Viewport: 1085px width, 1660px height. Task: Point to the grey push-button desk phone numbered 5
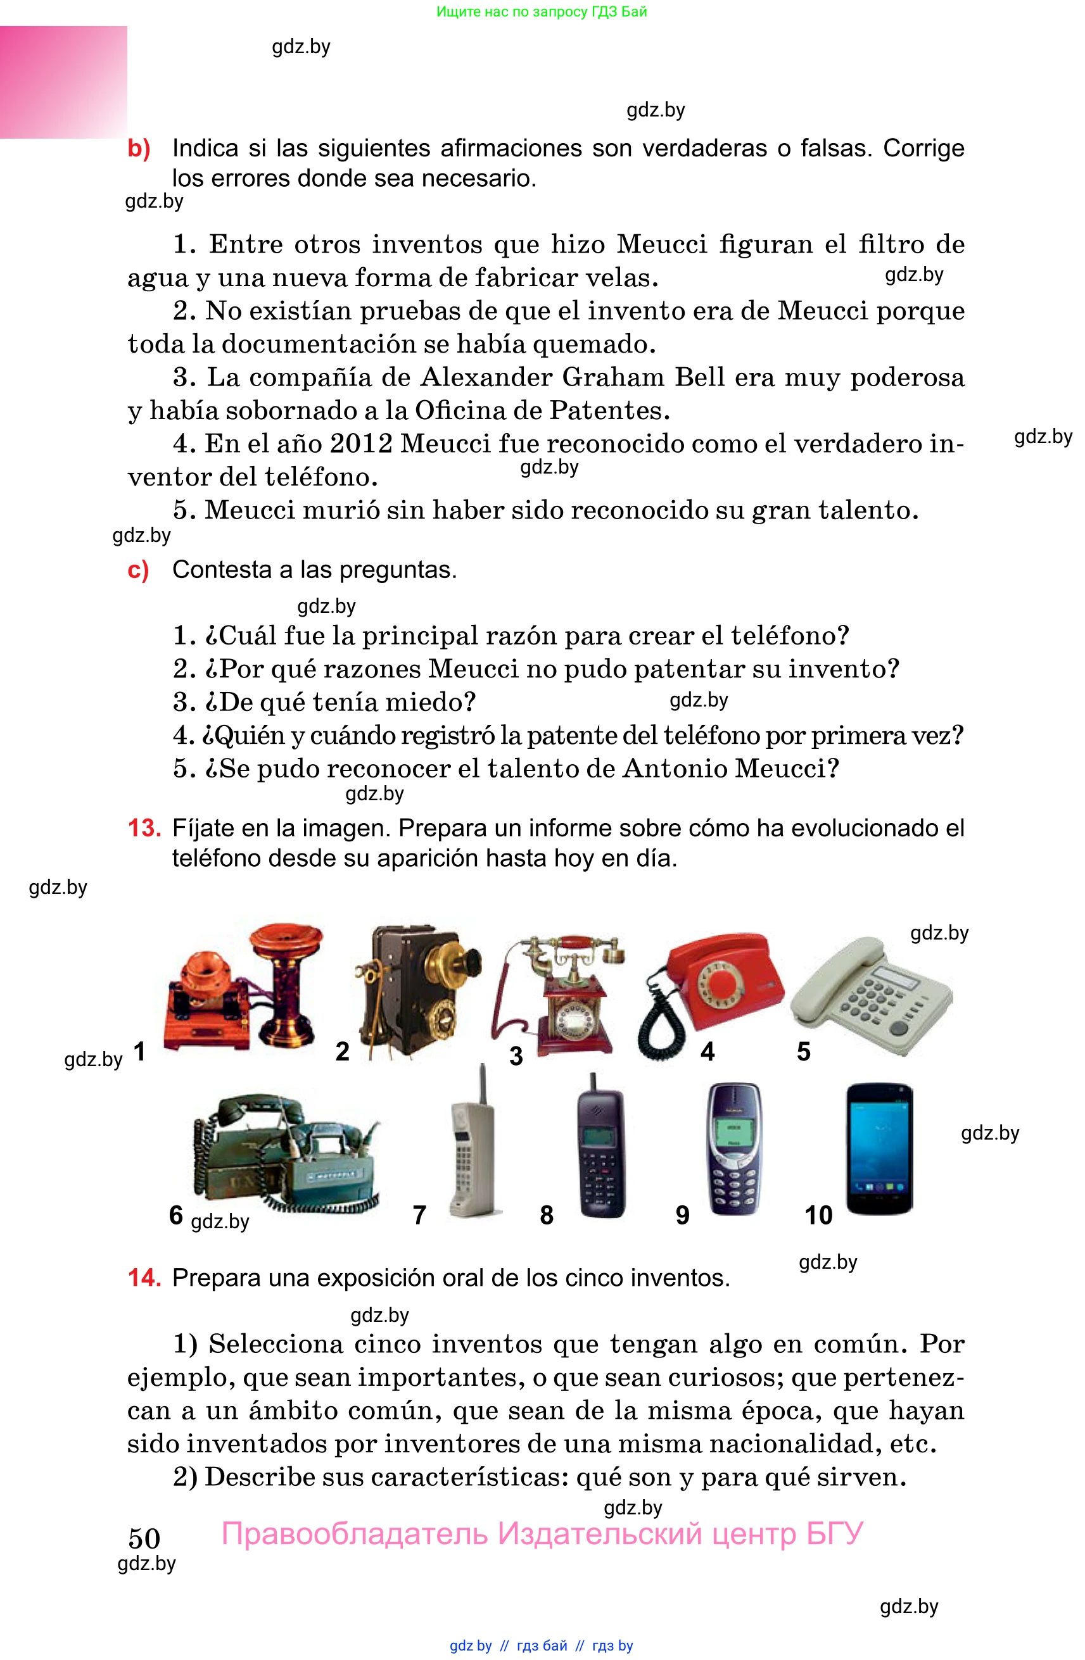[x=872, y=994]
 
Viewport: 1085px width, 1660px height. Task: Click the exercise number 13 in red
[x=144, y=828]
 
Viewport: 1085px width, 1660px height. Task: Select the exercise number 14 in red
[x=144, y=1278]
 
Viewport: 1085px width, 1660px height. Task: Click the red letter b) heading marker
[x=139, y=149]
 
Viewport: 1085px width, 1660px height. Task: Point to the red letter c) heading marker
[x=138, y=570]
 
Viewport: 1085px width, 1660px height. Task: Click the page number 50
[x=144, y=1538]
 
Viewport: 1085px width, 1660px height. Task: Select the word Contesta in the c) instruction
[x=222, y=570]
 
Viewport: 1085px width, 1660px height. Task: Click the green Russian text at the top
[x=542, y=11]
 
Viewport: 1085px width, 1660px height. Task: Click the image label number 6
[x=176, y=1215]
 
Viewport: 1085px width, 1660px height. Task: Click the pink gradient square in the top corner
[x=63, y=82]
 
